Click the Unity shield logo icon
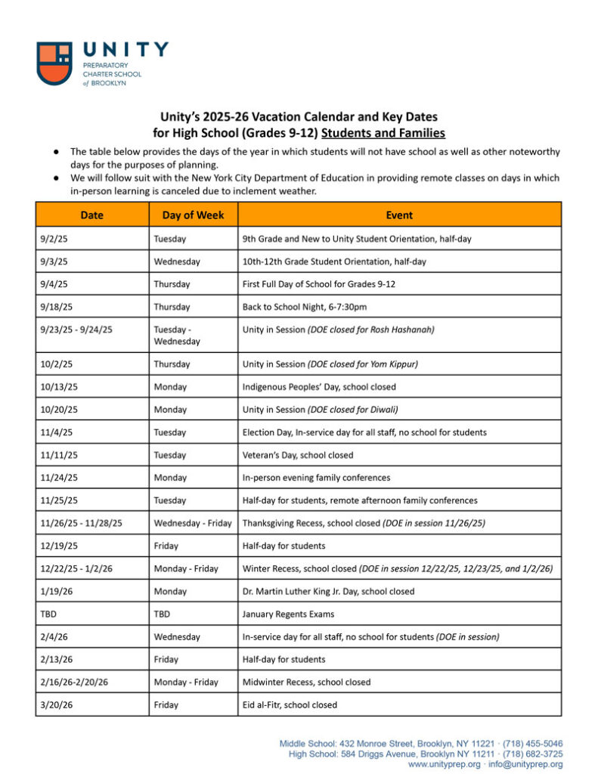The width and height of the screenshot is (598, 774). click(x=54, y=63)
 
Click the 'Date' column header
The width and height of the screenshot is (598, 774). click(x=91, y=215)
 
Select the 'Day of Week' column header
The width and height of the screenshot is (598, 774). click(x=193, y=215)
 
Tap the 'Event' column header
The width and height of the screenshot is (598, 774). click(x=399, y=215)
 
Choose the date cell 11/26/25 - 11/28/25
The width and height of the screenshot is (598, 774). click(x=82, y=523)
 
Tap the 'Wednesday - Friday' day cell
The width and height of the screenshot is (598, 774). click(x=193, y=523)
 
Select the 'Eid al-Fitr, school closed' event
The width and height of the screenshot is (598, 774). click(x=290, y=704)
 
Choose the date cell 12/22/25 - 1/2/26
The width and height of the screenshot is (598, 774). click(x=77, y=568)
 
